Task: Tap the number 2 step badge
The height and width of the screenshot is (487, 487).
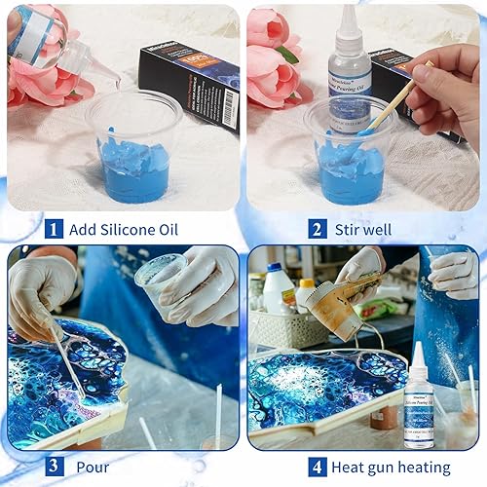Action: click(x=317, y=230)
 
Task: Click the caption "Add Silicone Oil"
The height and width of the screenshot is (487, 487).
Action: click(x=124, y=230)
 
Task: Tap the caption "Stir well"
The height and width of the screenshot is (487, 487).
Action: click(x=365, y=230)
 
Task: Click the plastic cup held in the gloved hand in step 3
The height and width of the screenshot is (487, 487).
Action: click(x=162, y=278)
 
